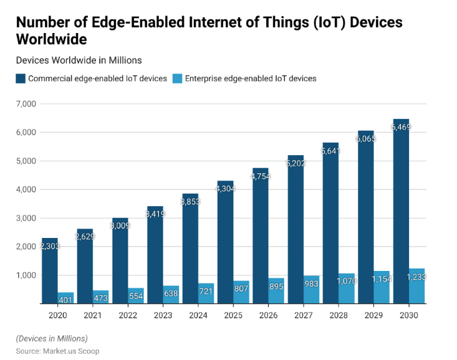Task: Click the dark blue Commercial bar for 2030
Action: click(x=401, y=218)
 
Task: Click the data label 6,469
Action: click(x=401, y=127)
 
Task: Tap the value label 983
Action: click(x=311, y=283)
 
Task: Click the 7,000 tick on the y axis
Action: click(x=27, y=103)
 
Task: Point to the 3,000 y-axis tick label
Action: click(x=27, y=218)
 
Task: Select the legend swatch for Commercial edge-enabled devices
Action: click(x=21, y=78)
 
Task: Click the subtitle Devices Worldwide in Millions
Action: click(x=79, y=60)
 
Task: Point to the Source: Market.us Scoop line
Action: click(x=57, y=351)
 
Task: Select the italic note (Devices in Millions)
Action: click(x=52, y=338)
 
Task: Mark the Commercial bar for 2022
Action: click(x=120, y=262)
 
